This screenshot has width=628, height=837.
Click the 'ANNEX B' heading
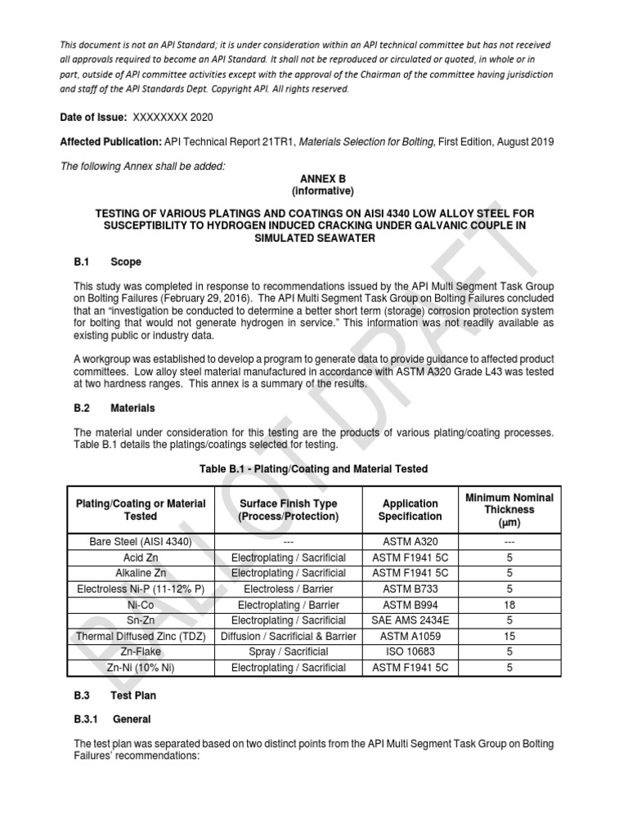tap(316, 177)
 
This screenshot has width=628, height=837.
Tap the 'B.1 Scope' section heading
tap(107, 262)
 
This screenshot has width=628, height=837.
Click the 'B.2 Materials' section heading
tap(114, 407)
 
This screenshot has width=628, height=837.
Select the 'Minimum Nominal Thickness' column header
tap(509, 510)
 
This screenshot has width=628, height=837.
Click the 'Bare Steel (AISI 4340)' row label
tap(141, 542)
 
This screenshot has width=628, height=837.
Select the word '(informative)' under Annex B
tap(316, 191)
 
